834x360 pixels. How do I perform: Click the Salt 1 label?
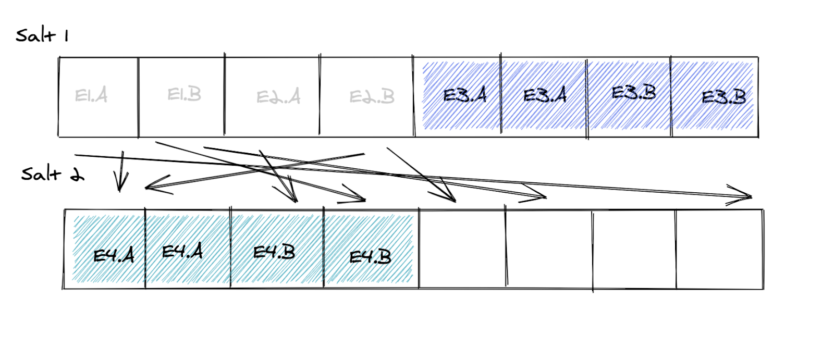tap(42, 35)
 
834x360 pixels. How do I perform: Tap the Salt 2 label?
tap(52, 174)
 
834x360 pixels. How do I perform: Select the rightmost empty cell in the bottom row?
tap(719, 249)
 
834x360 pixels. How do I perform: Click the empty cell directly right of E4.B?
tap(462, 249)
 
